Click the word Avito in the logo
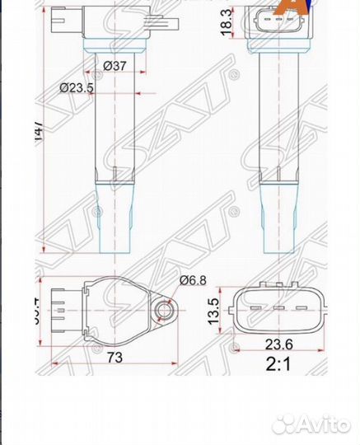[323, 424]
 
